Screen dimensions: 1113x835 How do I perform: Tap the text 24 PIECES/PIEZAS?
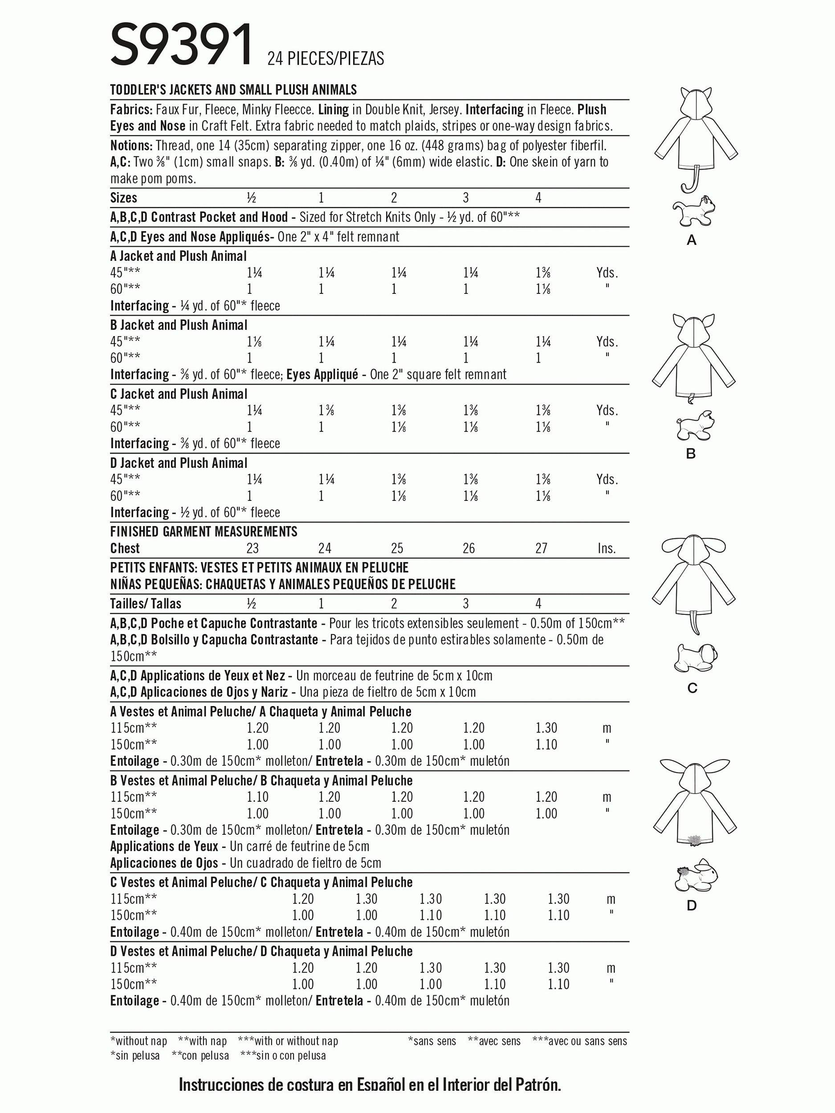coord(326,59)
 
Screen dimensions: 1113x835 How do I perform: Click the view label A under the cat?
coord(692,241)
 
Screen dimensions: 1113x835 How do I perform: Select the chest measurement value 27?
coord(541,548)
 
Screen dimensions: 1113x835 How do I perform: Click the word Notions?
coord(131,146)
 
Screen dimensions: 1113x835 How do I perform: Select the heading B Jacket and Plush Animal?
coord(179,325)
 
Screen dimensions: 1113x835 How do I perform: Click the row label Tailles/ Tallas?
coord(146,603)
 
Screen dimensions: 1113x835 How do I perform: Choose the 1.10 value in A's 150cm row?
coord(546,744)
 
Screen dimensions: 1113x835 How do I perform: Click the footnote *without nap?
coord(138,1041)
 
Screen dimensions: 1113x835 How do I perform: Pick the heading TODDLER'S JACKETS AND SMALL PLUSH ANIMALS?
coord(233,89)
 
